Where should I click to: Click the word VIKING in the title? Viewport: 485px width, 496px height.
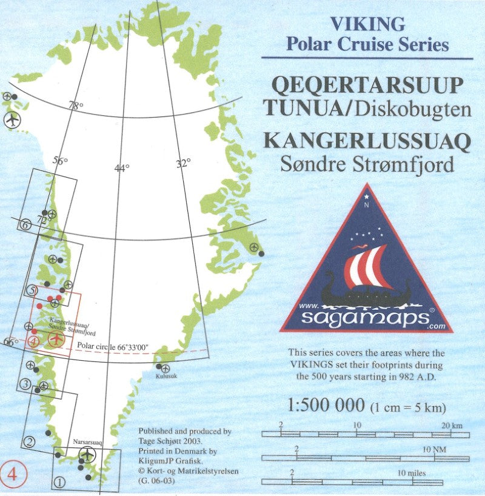(367, 24)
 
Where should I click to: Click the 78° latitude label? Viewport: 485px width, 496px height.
(76, 106)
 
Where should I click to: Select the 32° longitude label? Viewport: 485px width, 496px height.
(183, 163)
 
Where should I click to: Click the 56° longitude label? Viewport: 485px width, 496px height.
(60, 161)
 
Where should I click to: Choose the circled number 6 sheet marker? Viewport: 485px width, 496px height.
(25, 224)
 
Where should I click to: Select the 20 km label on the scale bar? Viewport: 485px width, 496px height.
(452, 426)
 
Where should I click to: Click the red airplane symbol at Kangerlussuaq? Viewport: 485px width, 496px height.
(57, 338)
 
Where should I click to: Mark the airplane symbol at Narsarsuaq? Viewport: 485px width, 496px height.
(87, 454)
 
